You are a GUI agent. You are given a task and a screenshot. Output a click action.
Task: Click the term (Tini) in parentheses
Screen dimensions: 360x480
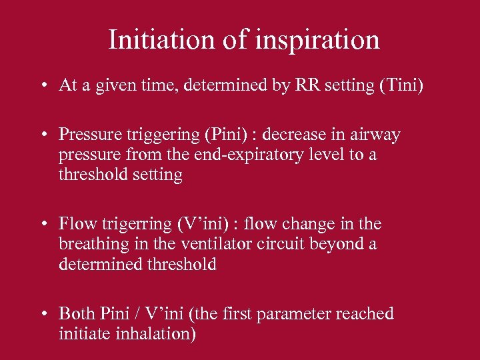pos(401,85)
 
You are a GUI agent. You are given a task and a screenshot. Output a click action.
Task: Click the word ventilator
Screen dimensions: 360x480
pos(229,244)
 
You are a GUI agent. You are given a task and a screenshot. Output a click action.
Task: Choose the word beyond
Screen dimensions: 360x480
pos(347,244)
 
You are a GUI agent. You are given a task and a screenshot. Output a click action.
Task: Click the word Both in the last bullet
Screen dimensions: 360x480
pos(76,313)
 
